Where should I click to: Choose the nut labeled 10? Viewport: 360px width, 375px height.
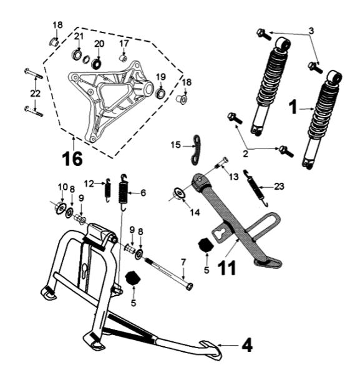click(x=61, y=207)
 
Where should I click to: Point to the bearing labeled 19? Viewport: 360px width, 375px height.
click(x=158, y=95)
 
